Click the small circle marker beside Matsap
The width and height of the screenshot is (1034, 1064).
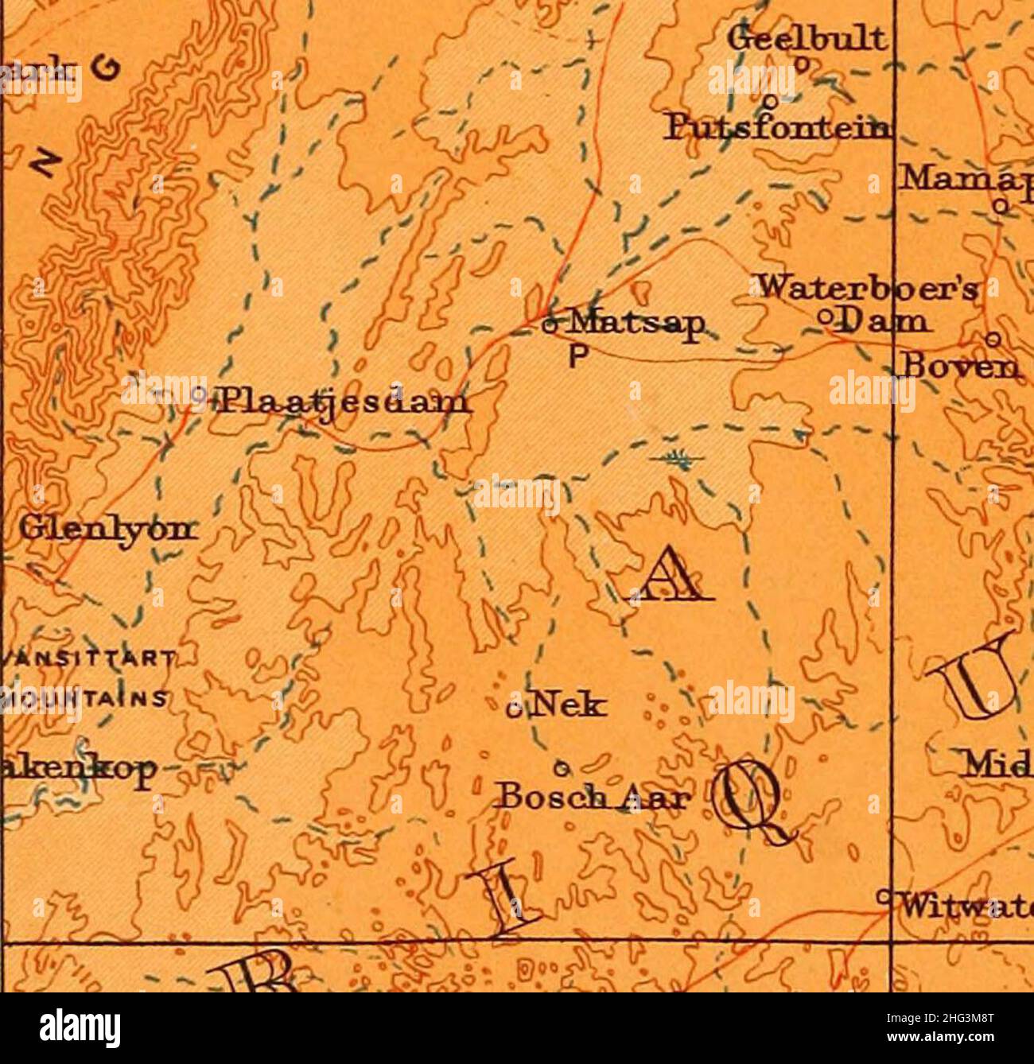(547, 324)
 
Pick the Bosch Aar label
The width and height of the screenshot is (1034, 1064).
(592, 797)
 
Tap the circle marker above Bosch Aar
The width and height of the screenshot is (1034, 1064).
(561, 767)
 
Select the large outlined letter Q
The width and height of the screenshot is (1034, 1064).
(752, 798)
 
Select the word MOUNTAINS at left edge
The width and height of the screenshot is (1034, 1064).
(84, 699)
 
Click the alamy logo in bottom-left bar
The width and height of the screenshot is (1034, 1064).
(80, 1028)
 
